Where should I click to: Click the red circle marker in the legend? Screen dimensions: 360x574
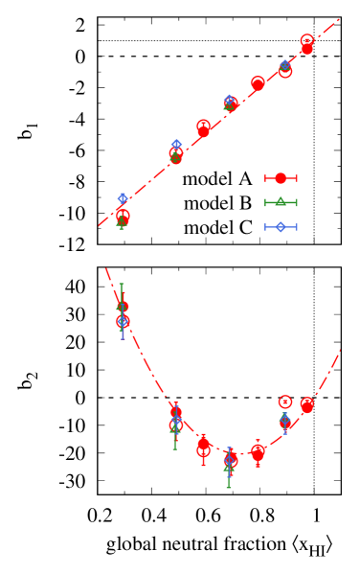pyautogui.click(x=281, y=178)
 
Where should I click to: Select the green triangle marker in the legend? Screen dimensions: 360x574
pyautogui.click(x=281, y=202)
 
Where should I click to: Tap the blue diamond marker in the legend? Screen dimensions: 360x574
pyautogui.click(x=281, y=227)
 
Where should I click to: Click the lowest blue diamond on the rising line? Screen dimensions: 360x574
pyautogui.click(x=123, y=198)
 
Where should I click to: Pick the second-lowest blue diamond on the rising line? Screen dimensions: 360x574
pyautogui.click(x=176, y=145)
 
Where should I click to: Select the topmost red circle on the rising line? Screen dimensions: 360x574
pyautogui.click(x=306, y=42)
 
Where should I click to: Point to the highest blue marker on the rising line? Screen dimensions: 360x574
pyautogui.click(x=284, y=64)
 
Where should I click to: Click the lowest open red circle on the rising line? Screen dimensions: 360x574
pyautogui.click(x=123, y=217)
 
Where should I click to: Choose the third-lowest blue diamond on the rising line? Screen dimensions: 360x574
pyautogui.click(x=229, y=100)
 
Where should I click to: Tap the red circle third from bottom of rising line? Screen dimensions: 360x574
pyautogui.click(x=203, y=127)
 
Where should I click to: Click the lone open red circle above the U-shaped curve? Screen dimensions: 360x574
pyautogui.click(x=284, y=402)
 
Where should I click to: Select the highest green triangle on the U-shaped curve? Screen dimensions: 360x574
pyautogui.click(x=122, y=307)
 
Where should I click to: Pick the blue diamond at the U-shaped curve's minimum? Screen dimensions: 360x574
pyautogui.click(x=230, y=461)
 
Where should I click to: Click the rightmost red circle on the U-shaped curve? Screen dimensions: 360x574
pyautogui.click(x=306, y=405)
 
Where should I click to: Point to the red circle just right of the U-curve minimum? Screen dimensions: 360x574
pyautogui.click(x=258, y=452)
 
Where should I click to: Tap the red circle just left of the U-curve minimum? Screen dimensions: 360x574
pyautogui.click(x=203, y=447)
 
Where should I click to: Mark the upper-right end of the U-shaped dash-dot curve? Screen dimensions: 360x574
pyautogui.click(x=340, y=350)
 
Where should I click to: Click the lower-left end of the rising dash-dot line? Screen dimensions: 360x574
pyautogui.click(x=99, y=226)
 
